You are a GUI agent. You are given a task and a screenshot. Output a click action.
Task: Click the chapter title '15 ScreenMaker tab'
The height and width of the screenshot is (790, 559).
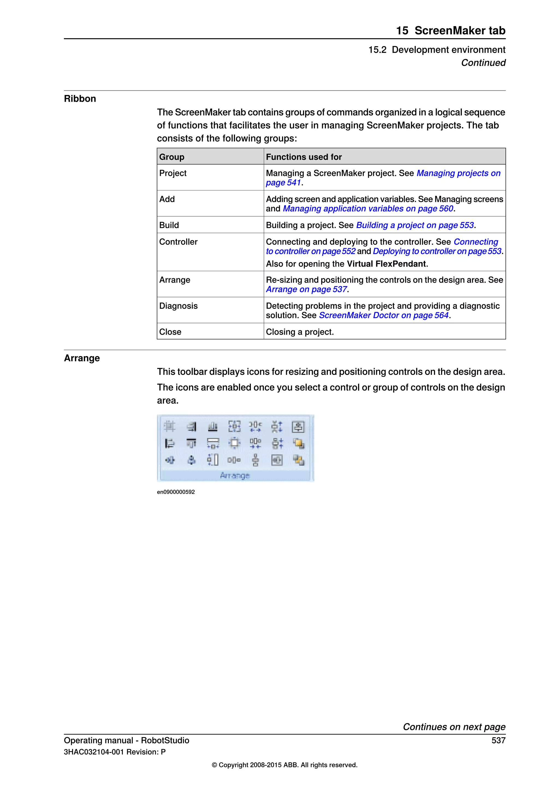(450, 31)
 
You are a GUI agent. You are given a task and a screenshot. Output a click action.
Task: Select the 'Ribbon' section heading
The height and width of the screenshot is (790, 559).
(80, 99)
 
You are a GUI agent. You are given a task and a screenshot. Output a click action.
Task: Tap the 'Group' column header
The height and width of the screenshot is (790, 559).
(171, 157)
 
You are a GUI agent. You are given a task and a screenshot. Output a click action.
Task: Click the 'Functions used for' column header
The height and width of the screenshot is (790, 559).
(304, 157)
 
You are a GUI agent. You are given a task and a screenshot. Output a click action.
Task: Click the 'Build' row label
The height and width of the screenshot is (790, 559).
(169, 225)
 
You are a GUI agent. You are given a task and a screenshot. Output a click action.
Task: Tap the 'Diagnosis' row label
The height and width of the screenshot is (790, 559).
(178, 306)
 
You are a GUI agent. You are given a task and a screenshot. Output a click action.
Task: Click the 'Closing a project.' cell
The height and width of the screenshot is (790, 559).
(300, 332)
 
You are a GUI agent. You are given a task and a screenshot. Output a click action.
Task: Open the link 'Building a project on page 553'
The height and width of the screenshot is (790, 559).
(415, 225)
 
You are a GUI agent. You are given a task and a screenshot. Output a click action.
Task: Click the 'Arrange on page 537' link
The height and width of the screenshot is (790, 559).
(306, 289)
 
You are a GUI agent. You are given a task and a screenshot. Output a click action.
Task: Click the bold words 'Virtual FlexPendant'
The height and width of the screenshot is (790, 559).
(386, 264)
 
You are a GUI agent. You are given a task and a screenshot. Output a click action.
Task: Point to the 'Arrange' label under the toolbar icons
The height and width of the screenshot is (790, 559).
(235, 475)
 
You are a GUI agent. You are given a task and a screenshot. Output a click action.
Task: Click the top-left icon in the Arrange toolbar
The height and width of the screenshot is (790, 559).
(169, 427)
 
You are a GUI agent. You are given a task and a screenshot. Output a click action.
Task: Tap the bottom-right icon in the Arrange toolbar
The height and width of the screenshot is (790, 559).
(298, 460)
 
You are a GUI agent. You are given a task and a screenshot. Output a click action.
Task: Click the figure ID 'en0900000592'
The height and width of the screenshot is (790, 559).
(176, 492)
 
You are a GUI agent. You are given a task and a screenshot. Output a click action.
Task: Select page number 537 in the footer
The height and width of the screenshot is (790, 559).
(498, 740)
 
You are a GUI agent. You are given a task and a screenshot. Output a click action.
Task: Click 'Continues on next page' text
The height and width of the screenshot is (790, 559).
(454, 727)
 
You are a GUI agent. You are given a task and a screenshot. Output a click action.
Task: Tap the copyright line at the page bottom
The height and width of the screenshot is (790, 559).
(284, 765)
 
